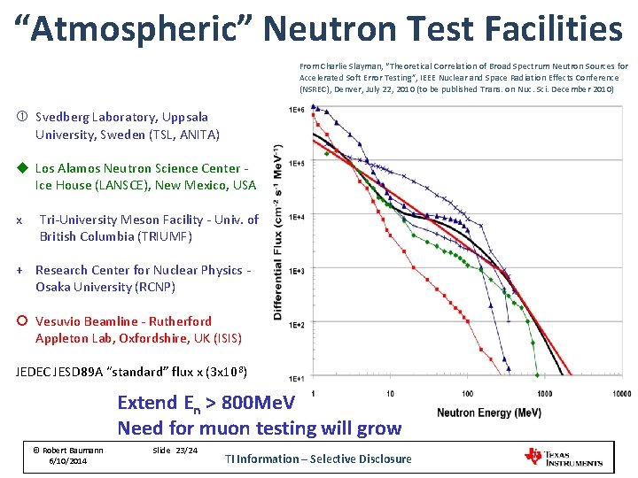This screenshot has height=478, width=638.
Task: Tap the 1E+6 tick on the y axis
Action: click(297, 110)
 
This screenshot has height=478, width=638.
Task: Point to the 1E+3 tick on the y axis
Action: click(297, 271)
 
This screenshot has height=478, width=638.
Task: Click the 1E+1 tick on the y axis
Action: click(297, 379)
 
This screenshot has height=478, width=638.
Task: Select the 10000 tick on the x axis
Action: click(621, 393)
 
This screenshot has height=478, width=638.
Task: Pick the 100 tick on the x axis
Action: click(467, 393)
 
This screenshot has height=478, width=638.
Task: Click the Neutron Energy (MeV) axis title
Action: click(489, 412)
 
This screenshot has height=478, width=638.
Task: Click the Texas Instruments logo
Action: click(564, 457)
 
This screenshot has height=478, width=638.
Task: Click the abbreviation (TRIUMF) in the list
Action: click(164, 236)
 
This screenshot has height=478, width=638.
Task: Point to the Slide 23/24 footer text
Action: click(175, 451)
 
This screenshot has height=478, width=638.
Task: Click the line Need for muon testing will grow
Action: click(259, 428)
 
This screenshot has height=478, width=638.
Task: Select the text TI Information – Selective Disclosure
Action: click(318, 459)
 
